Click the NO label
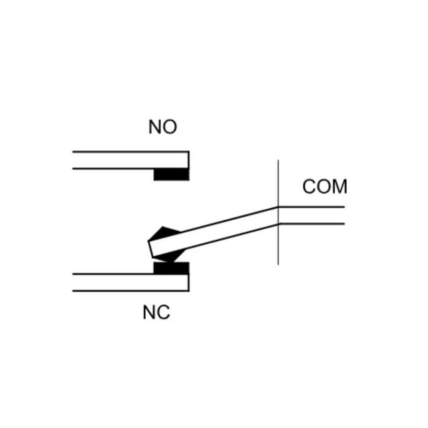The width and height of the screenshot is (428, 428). point(163,127)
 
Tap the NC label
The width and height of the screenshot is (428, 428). point(157,313)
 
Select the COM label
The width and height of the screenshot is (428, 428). point(325,187)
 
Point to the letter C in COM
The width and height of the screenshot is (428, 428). point(310,187)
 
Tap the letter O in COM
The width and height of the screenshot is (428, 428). point(324,187)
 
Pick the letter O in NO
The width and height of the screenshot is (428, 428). point(170,127)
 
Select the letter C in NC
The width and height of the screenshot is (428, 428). point(164,313)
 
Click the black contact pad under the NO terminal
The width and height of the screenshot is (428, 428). point(171,175)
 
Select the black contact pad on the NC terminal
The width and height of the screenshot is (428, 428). point(171,268)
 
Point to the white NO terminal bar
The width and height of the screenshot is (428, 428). point(130,160)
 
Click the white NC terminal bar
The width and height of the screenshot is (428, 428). point(130,282)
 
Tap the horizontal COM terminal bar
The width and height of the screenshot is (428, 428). point(312,216)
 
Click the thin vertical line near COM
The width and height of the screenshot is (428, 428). point(278,212)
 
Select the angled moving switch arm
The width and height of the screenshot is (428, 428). point(213,232)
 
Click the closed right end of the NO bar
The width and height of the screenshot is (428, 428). point(188,160)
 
